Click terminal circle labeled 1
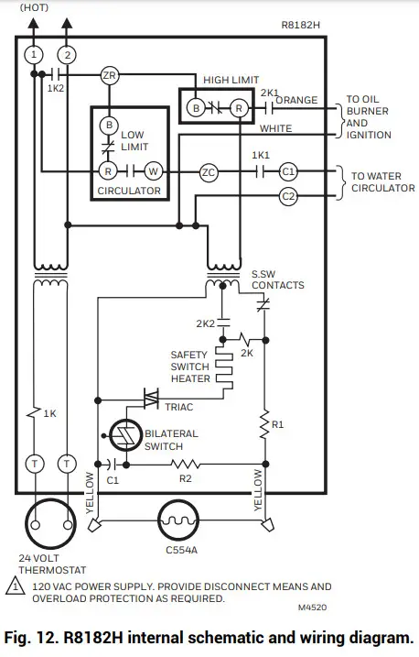[34, 55]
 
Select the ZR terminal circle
[110, 76]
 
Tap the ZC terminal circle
[209, 170]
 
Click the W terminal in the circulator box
[154, 170]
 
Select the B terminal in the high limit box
[195, 108]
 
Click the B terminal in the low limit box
[110, 125]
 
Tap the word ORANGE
[296, 99]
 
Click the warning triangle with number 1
[18, 587]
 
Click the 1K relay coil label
[50, 413]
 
